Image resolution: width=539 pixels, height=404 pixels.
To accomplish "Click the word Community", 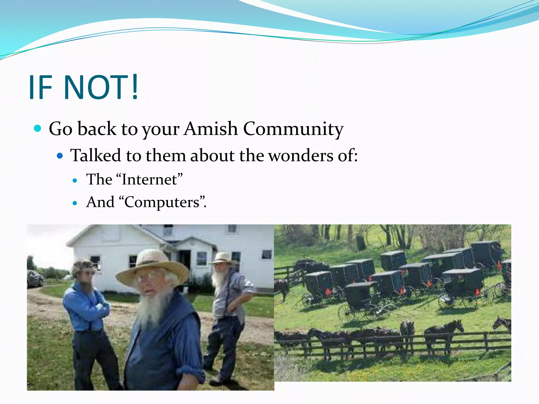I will pyautogui.click(x=293, y=129).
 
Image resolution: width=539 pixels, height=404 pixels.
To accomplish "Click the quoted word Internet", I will pyautogui.click(x=149, y=180).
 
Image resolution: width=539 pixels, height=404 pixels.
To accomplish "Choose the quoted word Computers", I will pyautogui.click(x=162, y=202).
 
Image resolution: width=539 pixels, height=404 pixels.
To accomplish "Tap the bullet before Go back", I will pyautogui.click(x=38, y=129).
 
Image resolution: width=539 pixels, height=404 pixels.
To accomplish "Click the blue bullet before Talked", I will pyautogui.click(x=60, y=156).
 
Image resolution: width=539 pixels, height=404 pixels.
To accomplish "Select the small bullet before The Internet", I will pyautogui.click(x=75, y=180).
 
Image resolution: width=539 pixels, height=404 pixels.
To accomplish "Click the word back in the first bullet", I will pyautogui.click(x=97, y=129).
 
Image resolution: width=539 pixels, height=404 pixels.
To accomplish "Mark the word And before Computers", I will pyautogui.click(x=100, y=202).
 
